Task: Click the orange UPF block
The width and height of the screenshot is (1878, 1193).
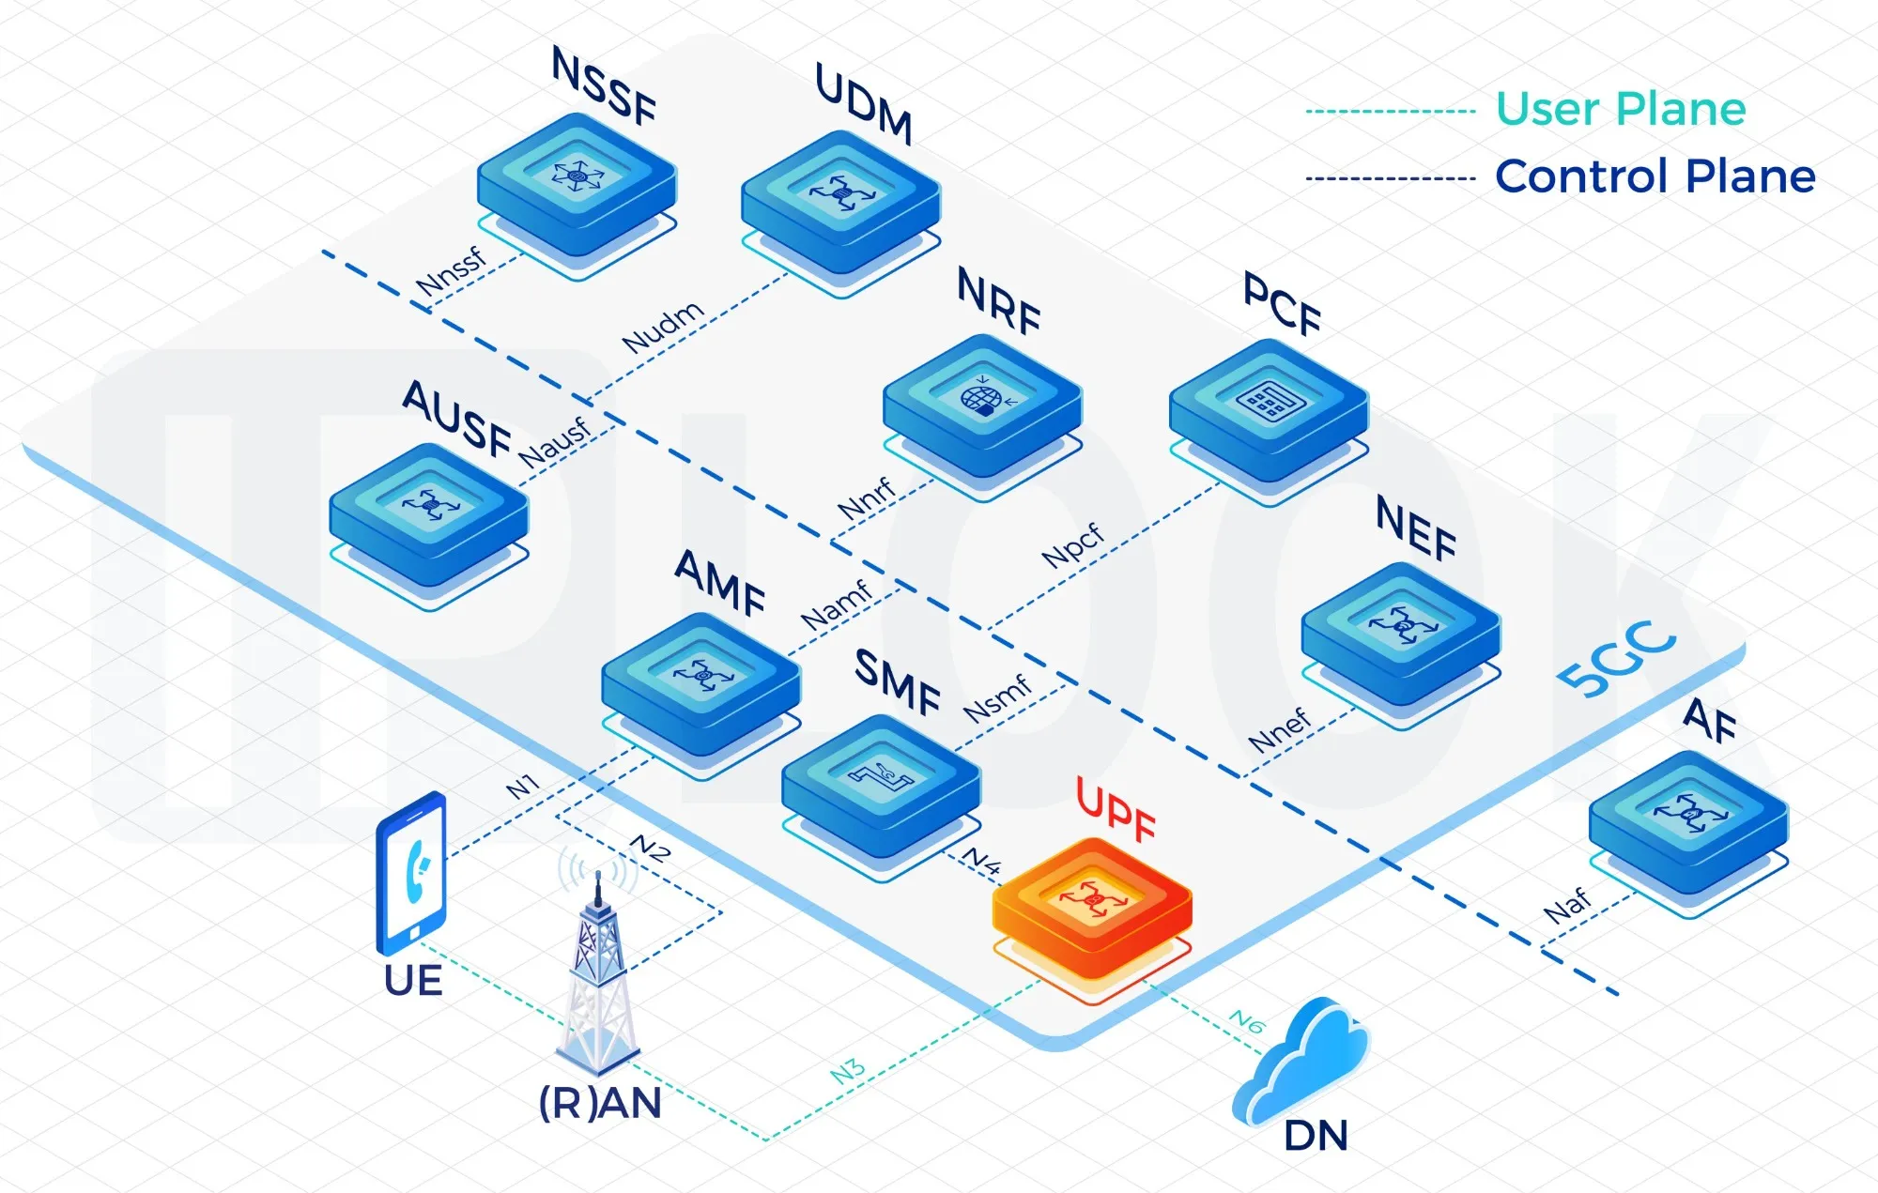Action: [1092, 907]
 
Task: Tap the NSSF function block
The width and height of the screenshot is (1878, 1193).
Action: [577, 184]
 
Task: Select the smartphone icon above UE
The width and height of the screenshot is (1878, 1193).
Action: [411, 873]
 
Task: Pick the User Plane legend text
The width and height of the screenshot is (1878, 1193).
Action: [1621, 109]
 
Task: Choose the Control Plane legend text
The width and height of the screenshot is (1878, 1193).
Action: [1655, 176]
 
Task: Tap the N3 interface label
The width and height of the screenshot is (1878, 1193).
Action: [847, 1071]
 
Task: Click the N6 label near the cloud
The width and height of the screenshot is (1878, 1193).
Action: [1247, 1020]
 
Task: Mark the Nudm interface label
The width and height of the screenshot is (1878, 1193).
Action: [663, 327]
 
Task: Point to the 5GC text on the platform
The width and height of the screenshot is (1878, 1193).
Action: [1616, 660]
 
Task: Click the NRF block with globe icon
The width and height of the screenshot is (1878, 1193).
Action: [982, 405]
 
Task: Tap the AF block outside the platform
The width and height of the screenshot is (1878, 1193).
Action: [1688, 820]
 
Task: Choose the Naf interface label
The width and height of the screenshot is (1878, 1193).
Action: [1567, 905]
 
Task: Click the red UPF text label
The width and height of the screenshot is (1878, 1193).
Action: [1116, 808]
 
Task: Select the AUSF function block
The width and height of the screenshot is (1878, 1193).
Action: [429, 513]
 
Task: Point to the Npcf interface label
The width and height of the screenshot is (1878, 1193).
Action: [1072, 545]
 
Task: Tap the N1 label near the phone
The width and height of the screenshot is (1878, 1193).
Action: [522, 786]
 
